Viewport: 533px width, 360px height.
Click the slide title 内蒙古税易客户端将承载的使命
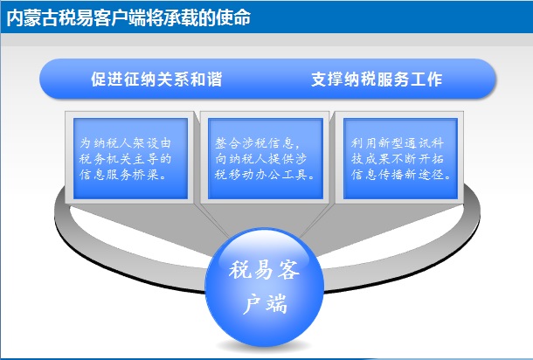128,17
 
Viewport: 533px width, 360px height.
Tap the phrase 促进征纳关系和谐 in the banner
156,80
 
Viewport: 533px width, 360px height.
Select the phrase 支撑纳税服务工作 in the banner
377,80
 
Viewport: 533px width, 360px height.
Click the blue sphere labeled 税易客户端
265,287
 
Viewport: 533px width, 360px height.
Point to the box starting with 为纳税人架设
130,158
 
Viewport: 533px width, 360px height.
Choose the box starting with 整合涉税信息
265,158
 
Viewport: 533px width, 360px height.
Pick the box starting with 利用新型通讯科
400,158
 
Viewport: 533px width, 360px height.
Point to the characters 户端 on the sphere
265,303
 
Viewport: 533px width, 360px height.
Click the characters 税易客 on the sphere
264,270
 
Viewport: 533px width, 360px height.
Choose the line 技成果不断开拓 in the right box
398,159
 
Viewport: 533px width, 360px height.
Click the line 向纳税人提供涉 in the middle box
260,159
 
